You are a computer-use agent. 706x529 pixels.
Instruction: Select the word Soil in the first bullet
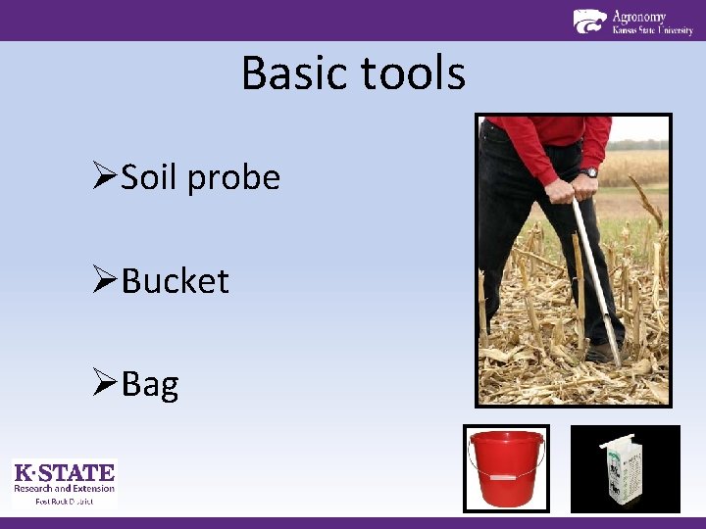(x=151, y=177)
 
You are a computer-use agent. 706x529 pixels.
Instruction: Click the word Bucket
(x=175, y=281)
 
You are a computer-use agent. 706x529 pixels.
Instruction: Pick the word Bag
(x=150, y=385)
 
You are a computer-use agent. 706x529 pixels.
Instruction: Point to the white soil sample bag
(x=619, y=470)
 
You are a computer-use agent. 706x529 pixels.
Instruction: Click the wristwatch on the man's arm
(x=588, y=172)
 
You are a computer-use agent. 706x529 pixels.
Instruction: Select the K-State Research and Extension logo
(x=64, y=482)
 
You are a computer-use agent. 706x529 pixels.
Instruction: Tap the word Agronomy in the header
(x=638, y=16)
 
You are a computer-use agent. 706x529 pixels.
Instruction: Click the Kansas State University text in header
(x=652, y=30)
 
